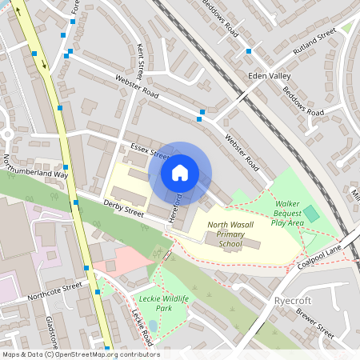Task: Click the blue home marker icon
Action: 180,172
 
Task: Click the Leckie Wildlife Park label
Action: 155,302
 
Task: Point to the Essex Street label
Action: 150,150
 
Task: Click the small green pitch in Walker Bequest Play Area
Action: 310,213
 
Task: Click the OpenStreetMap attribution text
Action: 81,354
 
